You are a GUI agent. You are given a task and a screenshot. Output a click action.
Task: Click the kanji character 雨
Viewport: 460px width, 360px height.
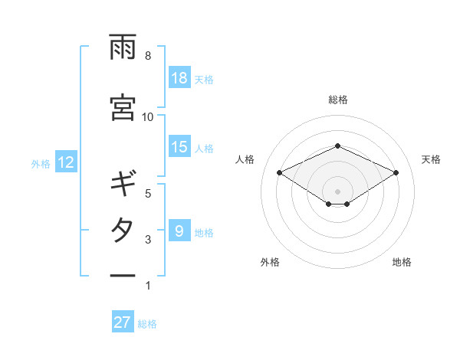coord(123,48)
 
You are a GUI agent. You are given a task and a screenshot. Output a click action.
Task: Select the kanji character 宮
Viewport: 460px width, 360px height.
coord(123,107)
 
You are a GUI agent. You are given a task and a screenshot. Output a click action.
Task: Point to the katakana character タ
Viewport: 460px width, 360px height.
coord(123,231)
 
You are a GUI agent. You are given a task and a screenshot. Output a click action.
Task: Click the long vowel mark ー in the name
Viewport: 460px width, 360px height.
coord(123,275)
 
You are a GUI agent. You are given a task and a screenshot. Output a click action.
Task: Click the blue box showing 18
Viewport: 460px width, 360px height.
coord(179,78)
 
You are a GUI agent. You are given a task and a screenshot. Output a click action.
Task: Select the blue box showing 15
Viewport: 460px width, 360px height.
coord(179,148)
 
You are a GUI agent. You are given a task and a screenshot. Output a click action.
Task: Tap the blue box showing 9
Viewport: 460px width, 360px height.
coord(179,231)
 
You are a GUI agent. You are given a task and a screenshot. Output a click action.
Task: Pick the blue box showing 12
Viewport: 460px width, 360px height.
coord(65,162)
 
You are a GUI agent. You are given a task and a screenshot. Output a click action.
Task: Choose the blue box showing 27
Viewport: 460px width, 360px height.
coord(123,322)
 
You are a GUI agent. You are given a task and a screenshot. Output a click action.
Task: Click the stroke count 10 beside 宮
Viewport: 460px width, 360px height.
coord(148,116)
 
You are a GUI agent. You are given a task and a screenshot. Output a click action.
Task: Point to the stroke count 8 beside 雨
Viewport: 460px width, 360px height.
coord(148,56)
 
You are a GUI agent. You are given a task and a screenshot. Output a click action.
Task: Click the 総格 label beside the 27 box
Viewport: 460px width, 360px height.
coord(147,324)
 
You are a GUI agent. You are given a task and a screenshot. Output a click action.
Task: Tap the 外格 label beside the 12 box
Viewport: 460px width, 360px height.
coord(40,163)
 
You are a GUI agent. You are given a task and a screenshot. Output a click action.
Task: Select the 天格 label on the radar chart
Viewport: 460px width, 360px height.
coord(432,159)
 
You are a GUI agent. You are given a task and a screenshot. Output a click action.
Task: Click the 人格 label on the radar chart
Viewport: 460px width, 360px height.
coord(245,159)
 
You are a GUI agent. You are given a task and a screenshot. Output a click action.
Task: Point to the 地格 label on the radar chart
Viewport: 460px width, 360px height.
coord(402,262)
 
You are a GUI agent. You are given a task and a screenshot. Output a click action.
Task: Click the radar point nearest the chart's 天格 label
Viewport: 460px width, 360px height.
coord(396,172)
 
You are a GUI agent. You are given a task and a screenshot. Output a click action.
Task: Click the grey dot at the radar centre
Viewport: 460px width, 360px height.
coord(337,190)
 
